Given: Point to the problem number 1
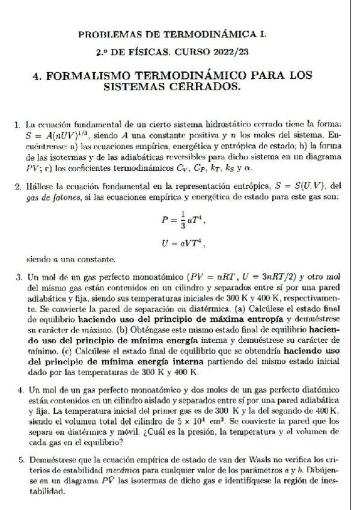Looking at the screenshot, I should point(18,124).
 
